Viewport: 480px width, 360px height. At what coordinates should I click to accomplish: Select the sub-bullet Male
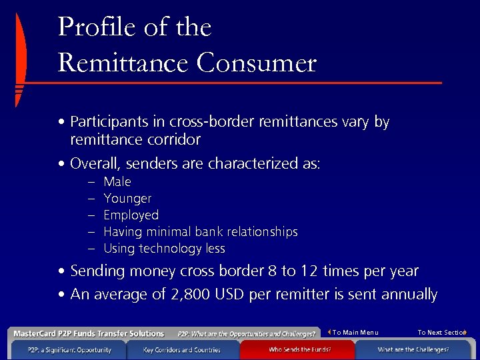[117, 181]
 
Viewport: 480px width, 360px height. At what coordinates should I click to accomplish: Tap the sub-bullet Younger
[127, 198]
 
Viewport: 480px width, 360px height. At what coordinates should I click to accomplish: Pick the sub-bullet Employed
[131, 215]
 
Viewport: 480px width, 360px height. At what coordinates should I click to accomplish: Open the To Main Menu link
[355, 333]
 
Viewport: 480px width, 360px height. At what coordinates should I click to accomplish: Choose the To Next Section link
[441, 333]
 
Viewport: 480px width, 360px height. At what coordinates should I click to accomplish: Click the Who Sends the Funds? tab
[299, 349]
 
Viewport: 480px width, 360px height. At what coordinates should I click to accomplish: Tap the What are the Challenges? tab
[413, 349]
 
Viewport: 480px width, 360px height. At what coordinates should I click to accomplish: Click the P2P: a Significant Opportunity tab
[69, 349]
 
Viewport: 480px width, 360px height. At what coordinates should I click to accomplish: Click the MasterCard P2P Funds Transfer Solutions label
[87, 333]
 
